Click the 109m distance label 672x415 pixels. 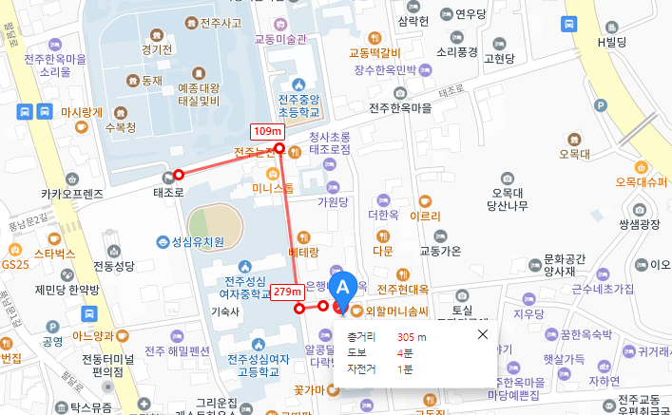[x=267, y=131]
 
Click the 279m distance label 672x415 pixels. [x=287, y=292]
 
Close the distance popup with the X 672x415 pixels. [x=482, y=334]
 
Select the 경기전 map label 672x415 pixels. [x=155, y=49]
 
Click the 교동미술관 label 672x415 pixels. [x=281, y=40]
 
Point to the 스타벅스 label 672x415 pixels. [x=53, y=254]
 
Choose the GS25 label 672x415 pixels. [x=15, y=264]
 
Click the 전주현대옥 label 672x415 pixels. [x=405, y=289]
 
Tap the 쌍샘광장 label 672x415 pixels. [x=639, y=224]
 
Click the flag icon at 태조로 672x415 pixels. [x=169, y=176]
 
